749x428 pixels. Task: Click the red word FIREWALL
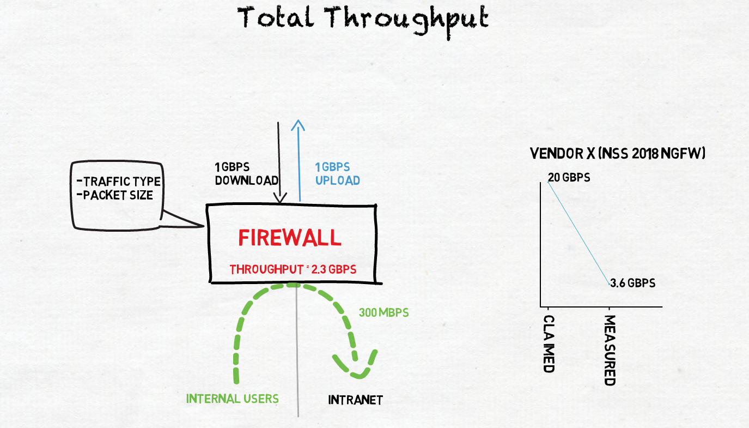[290, 238]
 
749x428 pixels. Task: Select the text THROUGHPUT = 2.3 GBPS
[293, 269]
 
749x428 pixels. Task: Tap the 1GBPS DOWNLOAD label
[247, 173]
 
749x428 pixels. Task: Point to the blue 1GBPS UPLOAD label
[337, 173]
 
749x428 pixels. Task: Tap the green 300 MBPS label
[383, 313]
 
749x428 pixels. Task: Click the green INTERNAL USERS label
[233, 399]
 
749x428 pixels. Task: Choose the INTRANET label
[355, 400]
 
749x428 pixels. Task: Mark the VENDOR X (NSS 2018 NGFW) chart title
[618, 154]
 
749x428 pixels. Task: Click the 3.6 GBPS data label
[633, 284]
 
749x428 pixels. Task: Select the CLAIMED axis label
[549, 343]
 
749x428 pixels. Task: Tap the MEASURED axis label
[610, 350]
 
